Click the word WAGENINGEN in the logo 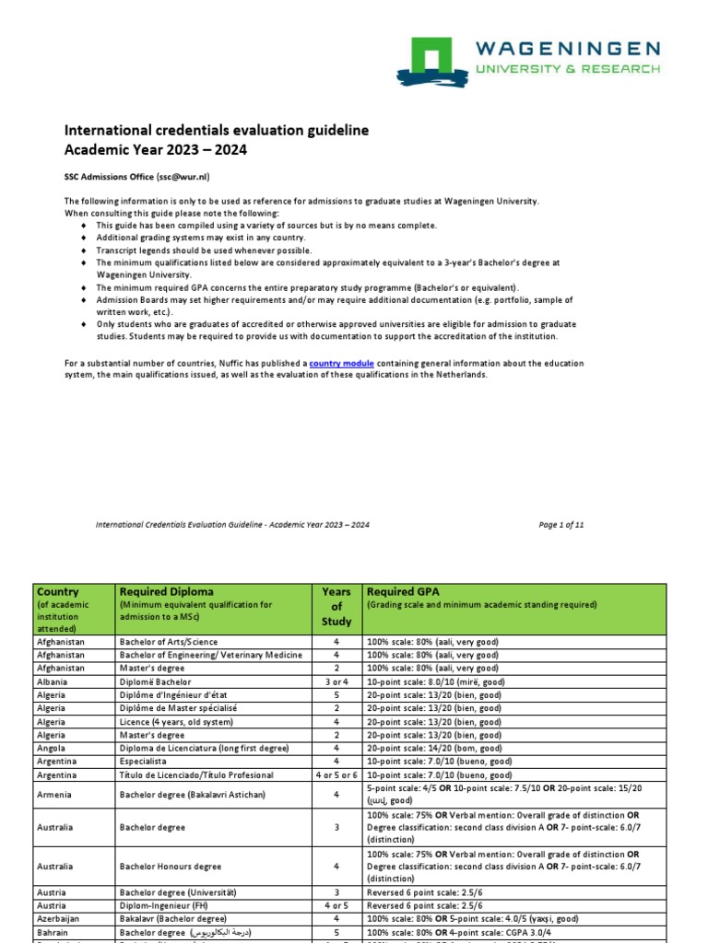pos(567,48)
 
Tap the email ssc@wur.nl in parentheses pos(189,177)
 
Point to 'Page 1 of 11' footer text pos(560,525)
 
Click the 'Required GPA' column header pos(404,591)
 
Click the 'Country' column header pos(56,591)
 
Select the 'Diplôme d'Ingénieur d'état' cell pos(177,695)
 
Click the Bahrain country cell pos(53,932)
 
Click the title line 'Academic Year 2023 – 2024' pos(155,149)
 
